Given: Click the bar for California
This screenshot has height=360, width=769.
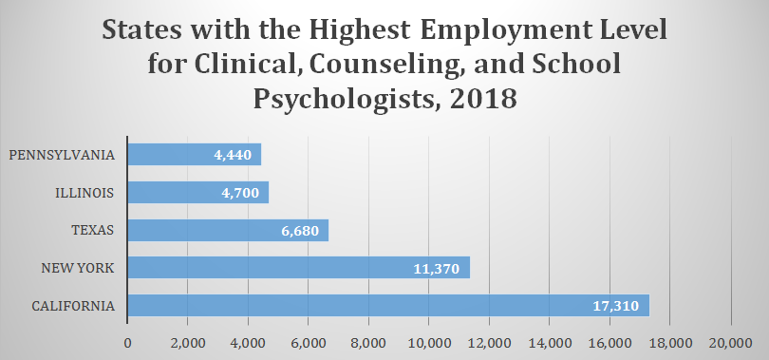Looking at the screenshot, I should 387,306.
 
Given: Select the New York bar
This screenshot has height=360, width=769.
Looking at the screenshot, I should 298,268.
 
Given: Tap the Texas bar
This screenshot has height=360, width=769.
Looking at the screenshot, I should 227,230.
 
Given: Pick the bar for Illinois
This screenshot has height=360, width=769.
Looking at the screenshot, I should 197,192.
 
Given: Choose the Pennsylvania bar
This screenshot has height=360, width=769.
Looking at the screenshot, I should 194,155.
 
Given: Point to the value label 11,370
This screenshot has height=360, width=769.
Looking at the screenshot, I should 438,269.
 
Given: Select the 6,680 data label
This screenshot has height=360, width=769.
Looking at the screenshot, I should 298,231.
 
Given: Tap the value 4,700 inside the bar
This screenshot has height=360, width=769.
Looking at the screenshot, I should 238,193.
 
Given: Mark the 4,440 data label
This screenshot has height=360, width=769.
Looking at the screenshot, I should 231,155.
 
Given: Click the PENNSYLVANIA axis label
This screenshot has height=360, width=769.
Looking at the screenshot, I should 63,155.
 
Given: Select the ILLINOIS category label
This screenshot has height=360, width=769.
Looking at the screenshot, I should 85,193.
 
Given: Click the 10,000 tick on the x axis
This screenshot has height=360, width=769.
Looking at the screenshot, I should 429,342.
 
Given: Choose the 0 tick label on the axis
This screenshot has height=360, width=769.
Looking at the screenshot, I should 127,342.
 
